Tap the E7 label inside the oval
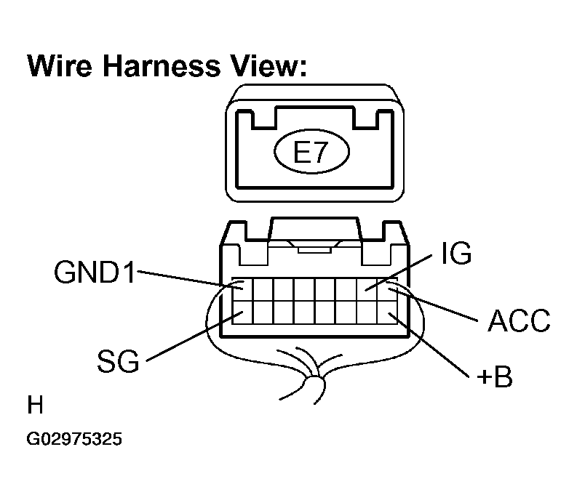point(311,152)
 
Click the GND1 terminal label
point(95,272)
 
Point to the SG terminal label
point(118,360)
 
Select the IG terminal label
point(456,253)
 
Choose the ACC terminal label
point(519,320)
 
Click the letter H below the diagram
point(36,405)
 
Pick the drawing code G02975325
point(74,439)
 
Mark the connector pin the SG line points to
point(242,312)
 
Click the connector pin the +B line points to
point(387,312)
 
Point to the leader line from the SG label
point(195,336)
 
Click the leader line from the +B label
point(429,345)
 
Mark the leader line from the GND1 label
point(190,280)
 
